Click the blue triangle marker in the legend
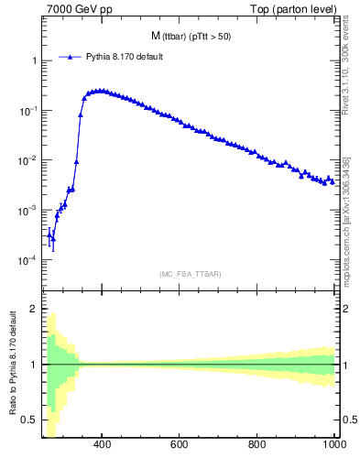[71, 57]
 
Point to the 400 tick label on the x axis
[102, 445]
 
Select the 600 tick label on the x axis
[180, 445]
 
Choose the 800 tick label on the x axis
[257, 445]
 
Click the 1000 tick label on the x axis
[333, 445]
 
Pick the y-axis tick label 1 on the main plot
[34, 60]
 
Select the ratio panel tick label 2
[34, 309]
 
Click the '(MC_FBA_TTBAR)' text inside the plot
[191, 274]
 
